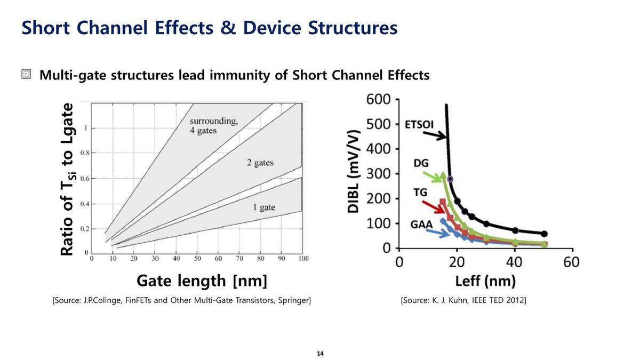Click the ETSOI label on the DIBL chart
pyautogui.click(x=419, y=125)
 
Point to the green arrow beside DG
pyautogui.click(x=433, y=177)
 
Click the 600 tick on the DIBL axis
pyautogui.click(x=379, y=100)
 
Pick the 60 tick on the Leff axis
pyautogui.click(x=571, y=262)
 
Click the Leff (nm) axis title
pyautogui.click(x=485, y=281)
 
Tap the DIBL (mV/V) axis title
pyautogui.click(x=353, y=172)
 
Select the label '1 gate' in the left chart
pyautogui.click(x=264, y=207)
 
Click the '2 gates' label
pyautogui.click(x=260, y=163)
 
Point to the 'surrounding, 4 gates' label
pyautogui.click(x=213, y=125)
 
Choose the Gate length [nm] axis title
pyautogui.click(x=202, y=281)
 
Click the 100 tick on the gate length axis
pyautogui.click(x=303, y=259)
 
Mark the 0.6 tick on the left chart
pyautogui.click(x=84, y=178)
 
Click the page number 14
pyautogui.click(x=320, y=354)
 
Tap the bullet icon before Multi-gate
pyautogui.click(x=27, y=75)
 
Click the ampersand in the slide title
pyautogui.click(x=228, y=28)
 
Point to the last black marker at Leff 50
pyautogui.click(x=544, y=234)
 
